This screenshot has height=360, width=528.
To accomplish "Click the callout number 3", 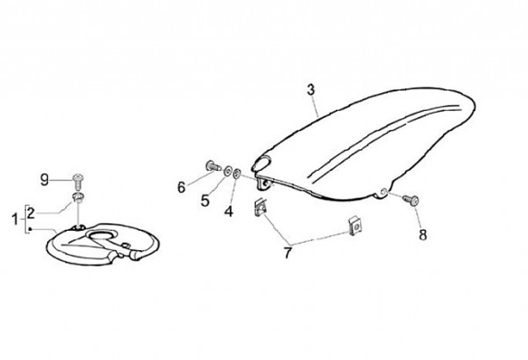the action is pos(311,90).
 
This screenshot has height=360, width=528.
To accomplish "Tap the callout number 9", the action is pos(44,179).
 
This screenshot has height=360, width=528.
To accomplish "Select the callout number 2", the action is pos(31,212).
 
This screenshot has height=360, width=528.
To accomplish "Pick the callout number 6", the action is pos(181,188).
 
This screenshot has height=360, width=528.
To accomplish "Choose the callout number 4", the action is pos(228,213).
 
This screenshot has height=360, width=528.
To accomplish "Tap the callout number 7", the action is pos(287,254).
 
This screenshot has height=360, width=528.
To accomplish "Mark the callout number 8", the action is pos(422,235).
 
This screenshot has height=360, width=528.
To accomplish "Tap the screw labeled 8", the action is pos(412,199).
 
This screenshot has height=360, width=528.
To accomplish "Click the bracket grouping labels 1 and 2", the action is pos(25,217).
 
